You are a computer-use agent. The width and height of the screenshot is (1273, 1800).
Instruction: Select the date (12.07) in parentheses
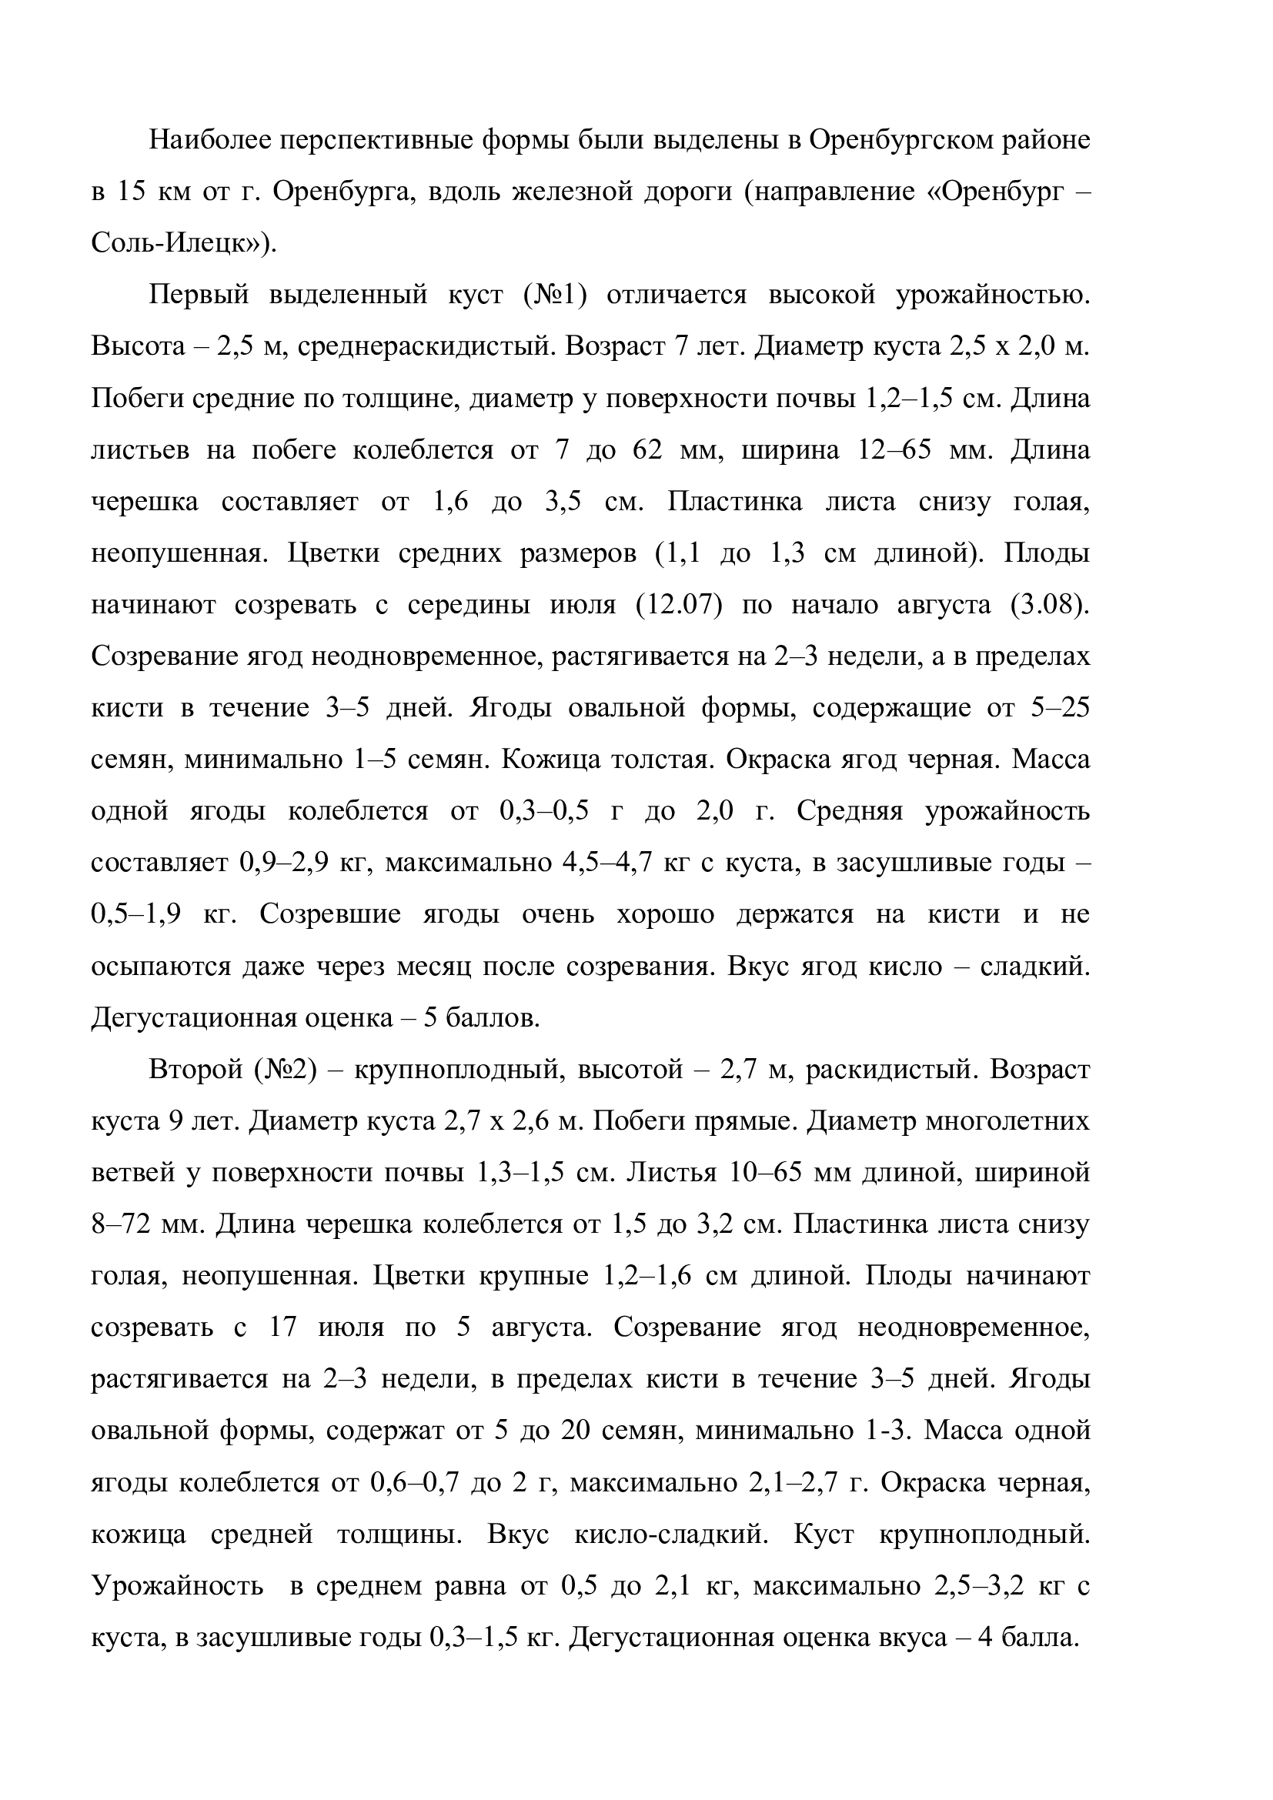coord(679,605)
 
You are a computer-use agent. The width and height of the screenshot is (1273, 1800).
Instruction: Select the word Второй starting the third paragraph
coord(195,1070)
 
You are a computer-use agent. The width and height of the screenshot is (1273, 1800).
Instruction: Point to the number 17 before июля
coord(282,1328)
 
